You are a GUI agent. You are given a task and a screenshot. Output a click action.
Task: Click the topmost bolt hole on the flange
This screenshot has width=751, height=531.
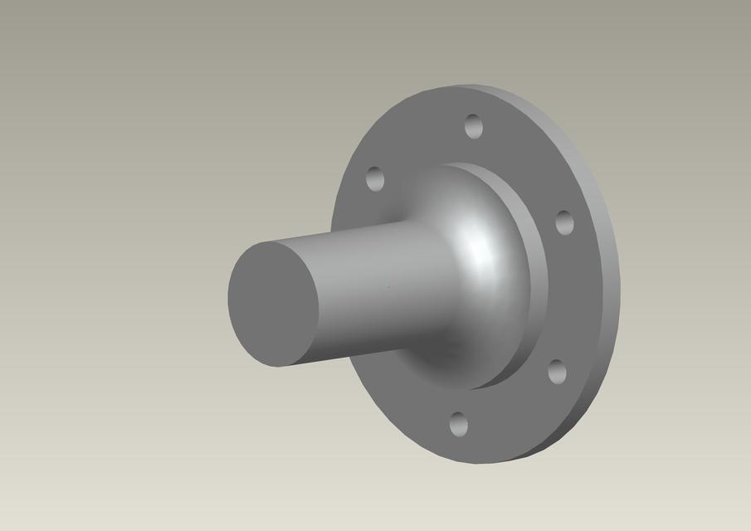[x=474, y=126]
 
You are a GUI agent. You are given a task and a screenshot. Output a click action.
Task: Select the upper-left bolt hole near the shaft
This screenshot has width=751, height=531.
[x=375, y=178]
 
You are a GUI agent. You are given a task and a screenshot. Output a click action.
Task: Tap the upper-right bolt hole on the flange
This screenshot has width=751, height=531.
[x=564, y=222]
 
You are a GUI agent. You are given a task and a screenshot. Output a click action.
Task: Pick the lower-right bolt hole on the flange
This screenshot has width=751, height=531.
[x=557, y=372]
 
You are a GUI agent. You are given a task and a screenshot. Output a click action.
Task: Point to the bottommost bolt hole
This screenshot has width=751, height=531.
[x=458, y=425]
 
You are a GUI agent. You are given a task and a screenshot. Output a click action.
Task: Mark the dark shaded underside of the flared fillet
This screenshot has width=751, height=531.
[x=452, y=357]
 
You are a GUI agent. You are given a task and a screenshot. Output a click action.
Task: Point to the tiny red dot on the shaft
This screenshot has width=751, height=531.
[x=388, y=288]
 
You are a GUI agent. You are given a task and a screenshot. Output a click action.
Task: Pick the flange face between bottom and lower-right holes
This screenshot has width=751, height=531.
[x=510, y=411]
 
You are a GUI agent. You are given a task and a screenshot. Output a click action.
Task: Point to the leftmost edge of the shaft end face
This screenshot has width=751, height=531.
[x=228, y=299]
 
